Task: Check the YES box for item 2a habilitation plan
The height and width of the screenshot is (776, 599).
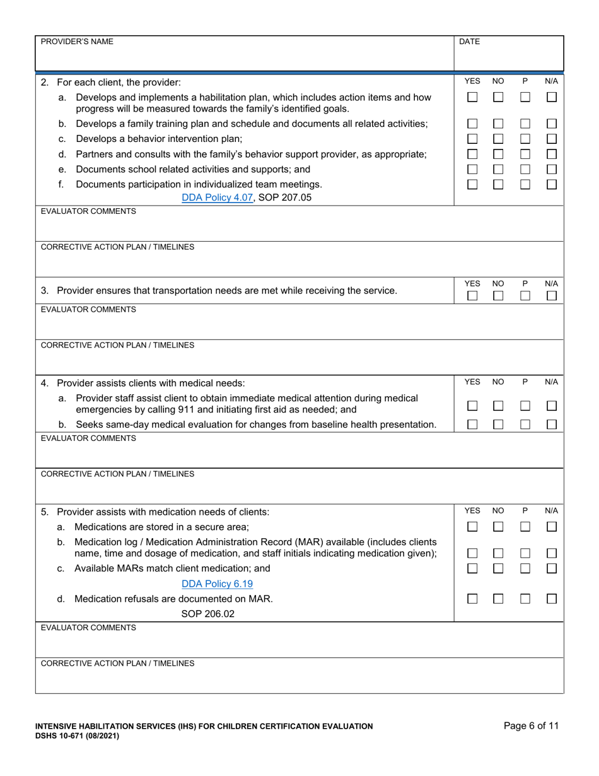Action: click(x=472, y=98)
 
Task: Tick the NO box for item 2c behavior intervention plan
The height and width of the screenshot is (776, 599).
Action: click(x=498, y=138)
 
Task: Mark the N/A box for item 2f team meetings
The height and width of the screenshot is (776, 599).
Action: click(x=552, y=184)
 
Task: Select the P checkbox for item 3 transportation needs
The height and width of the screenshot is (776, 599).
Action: click(x=525, y=295)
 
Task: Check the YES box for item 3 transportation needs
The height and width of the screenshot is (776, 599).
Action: click(x=472, y=295)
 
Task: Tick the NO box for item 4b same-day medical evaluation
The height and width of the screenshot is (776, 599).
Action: click(x=498, y=425)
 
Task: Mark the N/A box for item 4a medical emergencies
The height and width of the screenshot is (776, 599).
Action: click(x=552, y=406)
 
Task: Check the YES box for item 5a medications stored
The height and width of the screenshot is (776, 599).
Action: click(x=472, y=526)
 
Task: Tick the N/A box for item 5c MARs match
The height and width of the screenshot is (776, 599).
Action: click(x=552, y=568)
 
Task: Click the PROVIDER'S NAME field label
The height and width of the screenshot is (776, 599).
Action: click(x=77, y=42)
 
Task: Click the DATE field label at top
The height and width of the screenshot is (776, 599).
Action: click(x=469, y=42)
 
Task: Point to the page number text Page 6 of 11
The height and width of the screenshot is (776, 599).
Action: click(x=531, y=726)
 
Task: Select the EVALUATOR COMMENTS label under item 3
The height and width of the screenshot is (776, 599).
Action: click(x=88, y=309)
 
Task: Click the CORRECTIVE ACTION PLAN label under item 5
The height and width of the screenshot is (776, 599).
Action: click(x=117, y=663)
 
